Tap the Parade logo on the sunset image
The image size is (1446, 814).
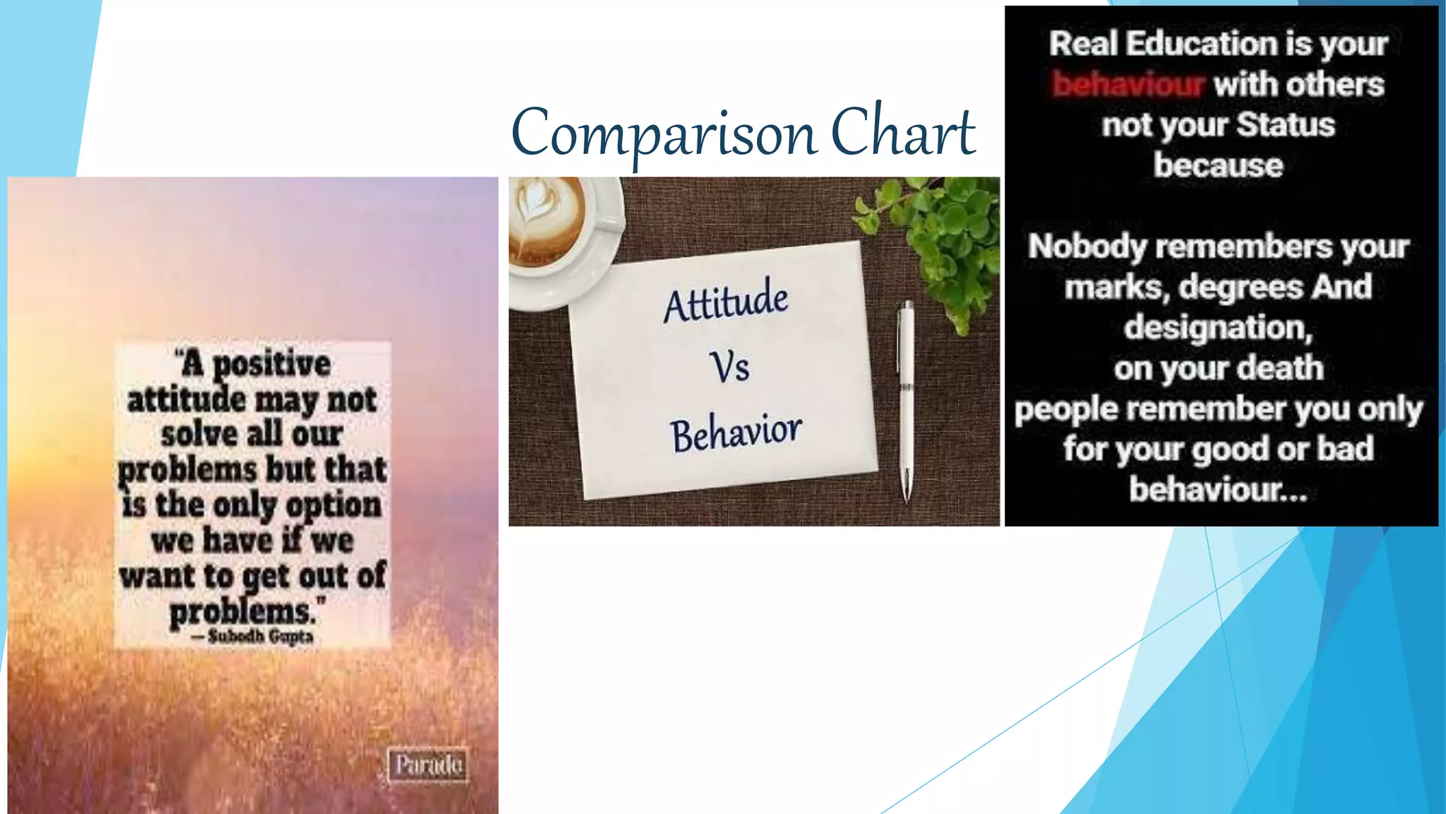[428, 765]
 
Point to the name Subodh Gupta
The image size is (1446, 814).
[260, 637]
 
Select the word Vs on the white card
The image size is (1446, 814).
[729, 367]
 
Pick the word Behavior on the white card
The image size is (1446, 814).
[736, 432]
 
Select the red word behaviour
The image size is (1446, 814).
[1127, 84]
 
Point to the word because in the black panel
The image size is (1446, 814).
[1218, 165]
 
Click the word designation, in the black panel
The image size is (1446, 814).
[1218, 328]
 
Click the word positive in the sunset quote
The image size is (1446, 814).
[271, 365]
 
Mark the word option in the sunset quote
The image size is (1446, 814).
[333, 506]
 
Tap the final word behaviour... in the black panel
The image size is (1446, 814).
[1218, 489]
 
